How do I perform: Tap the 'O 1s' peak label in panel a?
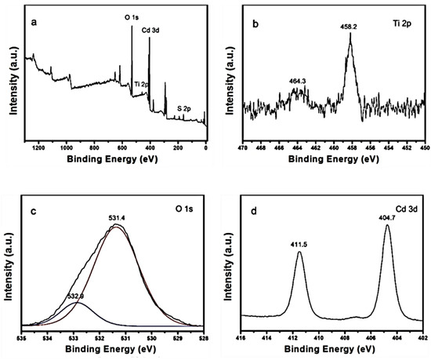click(x=133, y=15)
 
